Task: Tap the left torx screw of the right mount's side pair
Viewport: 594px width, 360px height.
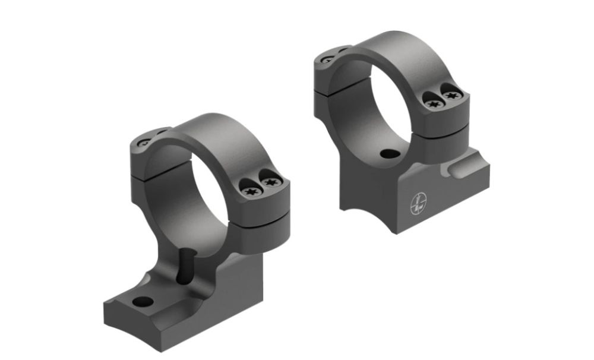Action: (432, 103)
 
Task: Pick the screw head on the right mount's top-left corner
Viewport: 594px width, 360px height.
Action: (329, 58)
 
